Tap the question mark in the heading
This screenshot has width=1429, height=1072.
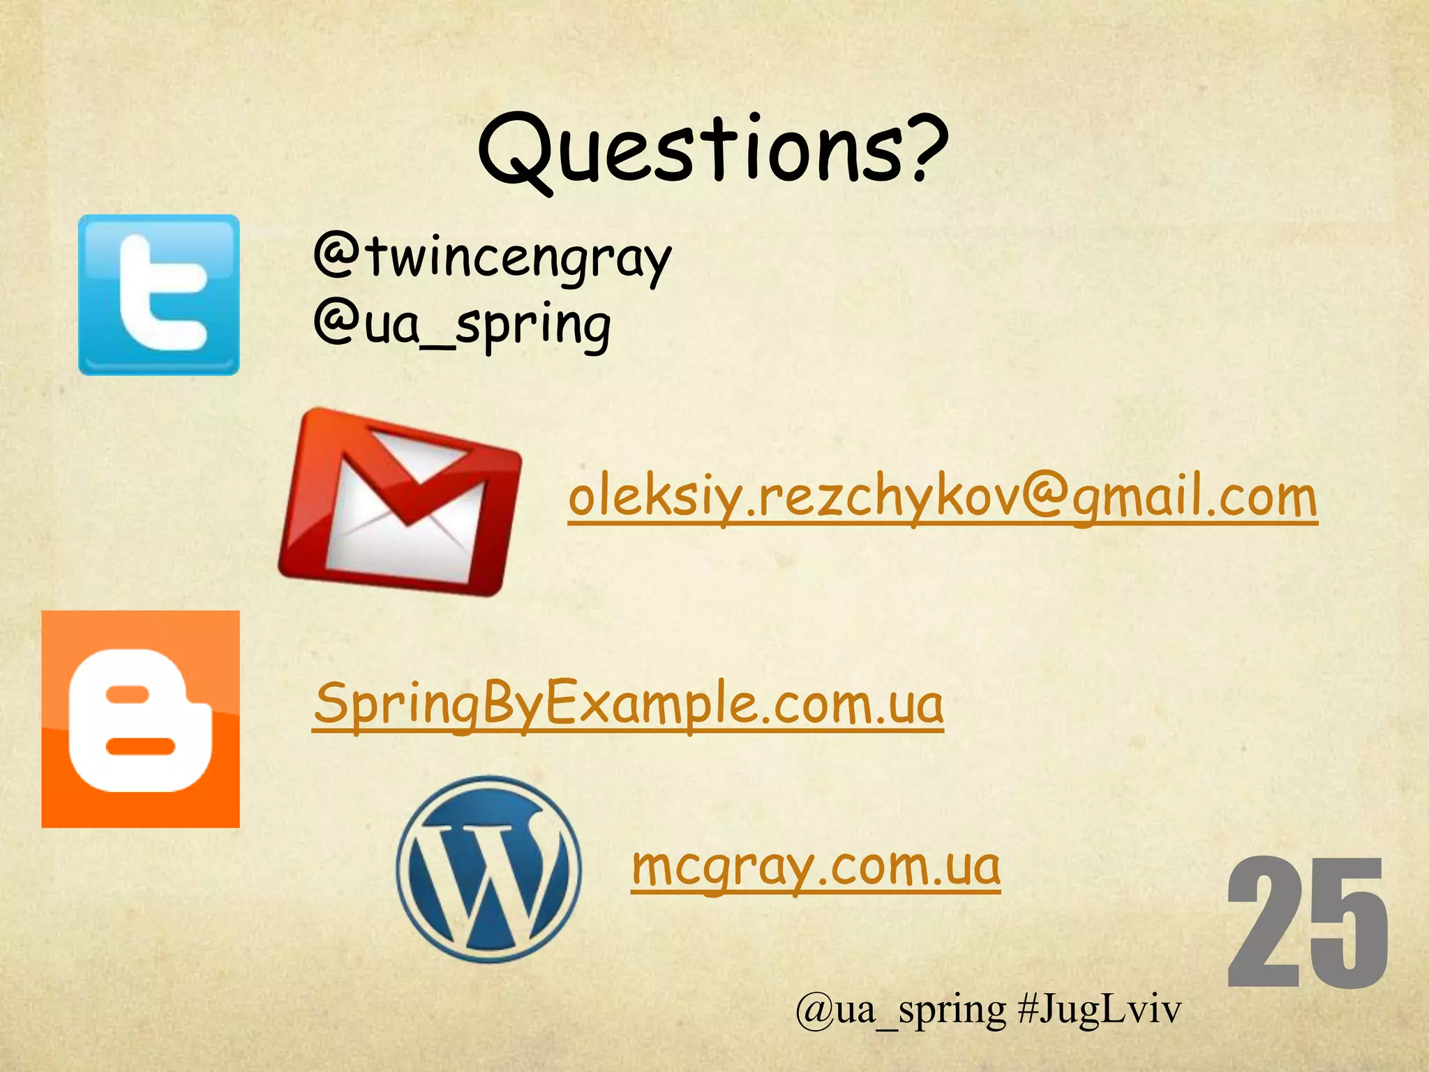[920, 147]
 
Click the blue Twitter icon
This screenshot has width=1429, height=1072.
[158, 295]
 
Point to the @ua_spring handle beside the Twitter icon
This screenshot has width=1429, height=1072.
[462, 325]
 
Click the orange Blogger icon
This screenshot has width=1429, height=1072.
[140, 719]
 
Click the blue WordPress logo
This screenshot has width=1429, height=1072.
[488, 869]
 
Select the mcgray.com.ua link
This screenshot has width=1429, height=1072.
[816, 866]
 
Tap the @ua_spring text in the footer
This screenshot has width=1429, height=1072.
[900, 1009]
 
